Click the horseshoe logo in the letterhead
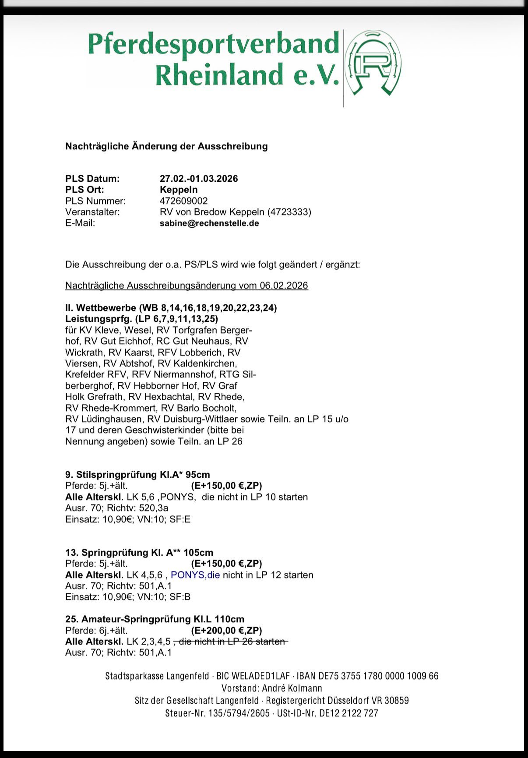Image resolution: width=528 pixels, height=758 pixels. (x=373, y=63)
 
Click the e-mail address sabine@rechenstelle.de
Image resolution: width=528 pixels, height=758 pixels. (x=209, y=223)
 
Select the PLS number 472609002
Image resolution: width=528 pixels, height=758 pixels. (x=183, y=201)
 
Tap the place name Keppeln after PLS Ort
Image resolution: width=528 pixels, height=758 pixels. (x=179, y=190)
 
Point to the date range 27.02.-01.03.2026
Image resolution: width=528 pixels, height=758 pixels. (x=199, y=179)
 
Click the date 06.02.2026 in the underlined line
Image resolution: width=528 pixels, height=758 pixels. (x=284, y=286)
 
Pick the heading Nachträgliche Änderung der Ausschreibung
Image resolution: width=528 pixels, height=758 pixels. (x=166, y=146)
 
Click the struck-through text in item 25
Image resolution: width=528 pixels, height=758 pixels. (x=231, y=642)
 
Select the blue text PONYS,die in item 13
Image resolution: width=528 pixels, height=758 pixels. (x=195, y=575)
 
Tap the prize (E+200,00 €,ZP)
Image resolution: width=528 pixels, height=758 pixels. (x=226, y=631)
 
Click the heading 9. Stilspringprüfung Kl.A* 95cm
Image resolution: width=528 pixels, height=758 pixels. (x=137, y=475)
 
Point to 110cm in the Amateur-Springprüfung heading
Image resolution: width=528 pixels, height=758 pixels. (x=229, y=619)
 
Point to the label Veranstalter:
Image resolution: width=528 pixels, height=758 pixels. (x=92, y=212)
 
